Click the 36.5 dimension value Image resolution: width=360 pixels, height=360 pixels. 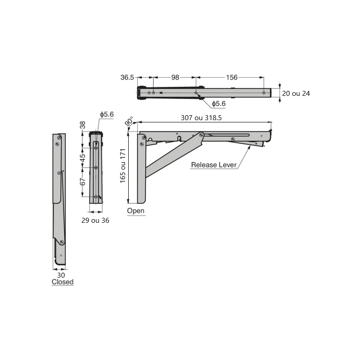(127, 77)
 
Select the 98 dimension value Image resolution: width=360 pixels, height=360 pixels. (175, 77)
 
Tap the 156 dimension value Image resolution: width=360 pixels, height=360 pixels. (232, 77)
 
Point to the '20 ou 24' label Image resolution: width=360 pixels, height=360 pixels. (296, 94)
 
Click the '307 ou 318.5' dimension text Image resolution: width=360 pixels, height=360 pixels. (201, 118)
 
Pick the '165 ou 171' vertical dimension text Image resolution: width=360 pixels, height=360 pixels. (123, 166)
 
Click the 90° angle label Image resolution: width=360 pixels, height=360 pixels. (129, 121)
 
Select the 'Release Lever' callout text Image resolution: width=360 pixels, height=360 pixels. (214, 165)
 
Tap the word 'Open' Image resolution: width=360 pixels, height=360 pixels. (136, 211)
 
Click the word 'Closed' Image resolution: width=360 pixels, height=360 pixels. (63, 282)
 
